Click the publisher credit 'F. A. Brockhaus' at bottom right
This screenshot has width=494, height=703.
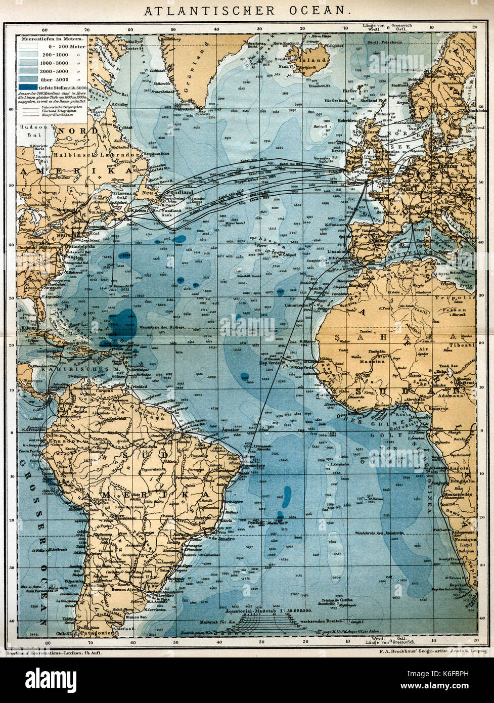click(410, 651)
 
